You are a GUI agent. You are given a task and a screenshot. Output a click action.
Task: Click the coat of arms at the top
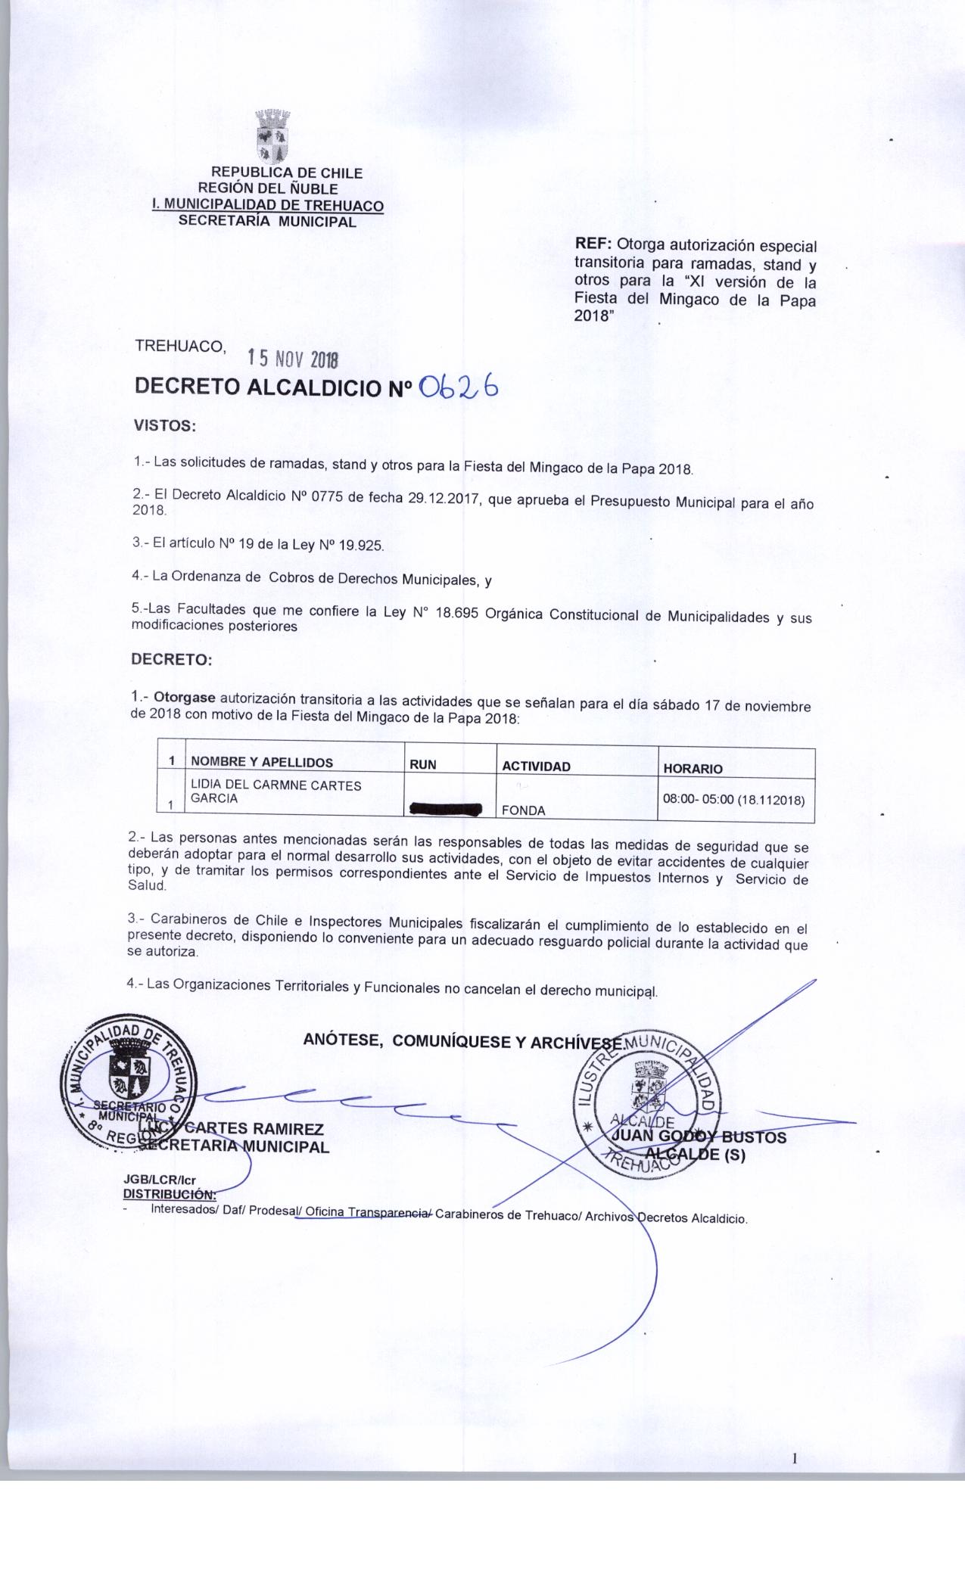point(272,137)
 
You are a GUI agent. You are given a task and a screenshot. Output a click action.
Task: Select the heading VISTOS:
point(165,425)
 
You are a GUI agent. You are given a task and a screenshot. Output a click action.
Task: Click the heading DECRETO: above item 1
point(172,659)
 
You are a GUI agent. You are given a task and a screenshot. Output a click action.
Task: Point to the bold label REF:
point(593,245)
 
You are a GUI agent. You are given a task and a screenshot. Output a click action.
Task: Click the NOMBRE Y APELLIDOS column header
point(261,763)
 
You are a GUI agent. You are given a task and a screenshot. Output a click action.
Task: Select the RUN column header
point(423,764)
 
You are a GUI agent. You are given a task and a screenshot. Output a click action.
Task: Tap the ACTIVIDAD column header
point(536,766)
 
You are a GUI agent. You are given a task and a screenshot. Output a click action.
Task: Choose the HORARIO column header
point(693,768)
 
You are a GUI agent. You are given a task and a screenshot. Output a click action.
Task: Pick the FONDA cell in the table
point(524,810)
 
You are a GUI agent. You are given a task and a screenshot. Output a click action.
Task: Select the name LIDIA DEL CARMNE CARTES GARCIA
point(276,791)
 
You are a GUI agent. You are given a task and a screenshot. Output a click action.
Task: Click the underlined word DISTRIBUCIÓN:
point(170,1195)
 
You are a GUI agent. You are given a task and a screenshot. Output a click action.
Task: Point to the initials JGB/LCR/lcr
point(159,1180)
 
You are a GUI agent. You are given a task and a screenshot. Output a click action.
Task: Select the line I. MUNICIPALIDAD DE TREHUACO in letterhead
point(268,205)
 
